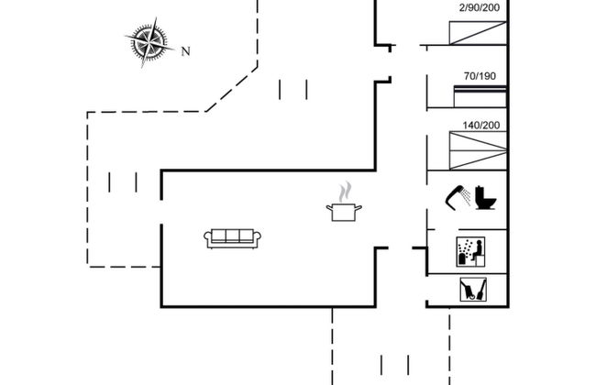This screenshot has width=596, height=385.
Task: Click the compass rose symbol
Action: pyautogui.click(x=149, y=43)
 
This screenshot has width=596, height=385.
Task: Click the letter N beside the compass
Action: pyautogui.click(x=185, y=51)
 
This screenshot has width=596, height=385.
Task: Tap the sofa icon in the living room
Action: pyautogui.click(x=233, y=236)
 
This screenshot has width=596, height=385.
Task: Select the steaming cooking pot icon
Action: pyautogui.click(x=344, y=212)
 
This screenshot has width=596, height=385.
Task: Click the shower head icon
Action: pyautogui.click(x=457, y=195)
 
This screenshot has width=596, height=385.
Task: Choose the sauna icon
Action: pyautogui.click(x=470, y=251)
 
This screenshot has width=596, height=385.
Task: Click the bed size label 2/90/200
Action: pyautogui.click(x=479, y=8)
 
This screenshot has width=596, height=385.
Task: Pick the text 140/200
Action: pyautogui.click(x=482, y=125)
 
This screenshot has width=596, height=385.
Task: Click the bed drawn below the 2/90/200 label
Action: pyautogui.click(x=478, y=32)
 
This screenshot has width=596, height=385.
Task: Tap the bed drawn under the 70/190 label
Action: pyautogui.click(x=481, y=88)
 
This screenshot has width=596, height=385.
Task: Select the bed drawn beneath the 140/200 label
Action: pyautogui.click(x=478, y=149)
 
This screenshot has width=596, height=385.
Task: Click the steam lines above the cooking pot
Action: pyautogui.click(x=344, y=192)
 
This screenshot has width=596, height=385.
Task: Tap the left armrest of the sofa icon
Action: pyautogui.click(x=208, y=238)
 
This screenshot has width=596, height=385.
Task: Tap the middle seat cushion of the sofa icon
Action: pyautogui.click(x=233, y=236)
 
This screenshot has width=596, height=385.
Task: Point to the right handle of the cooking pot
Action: pyautogui.click(x=360, y=210)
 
